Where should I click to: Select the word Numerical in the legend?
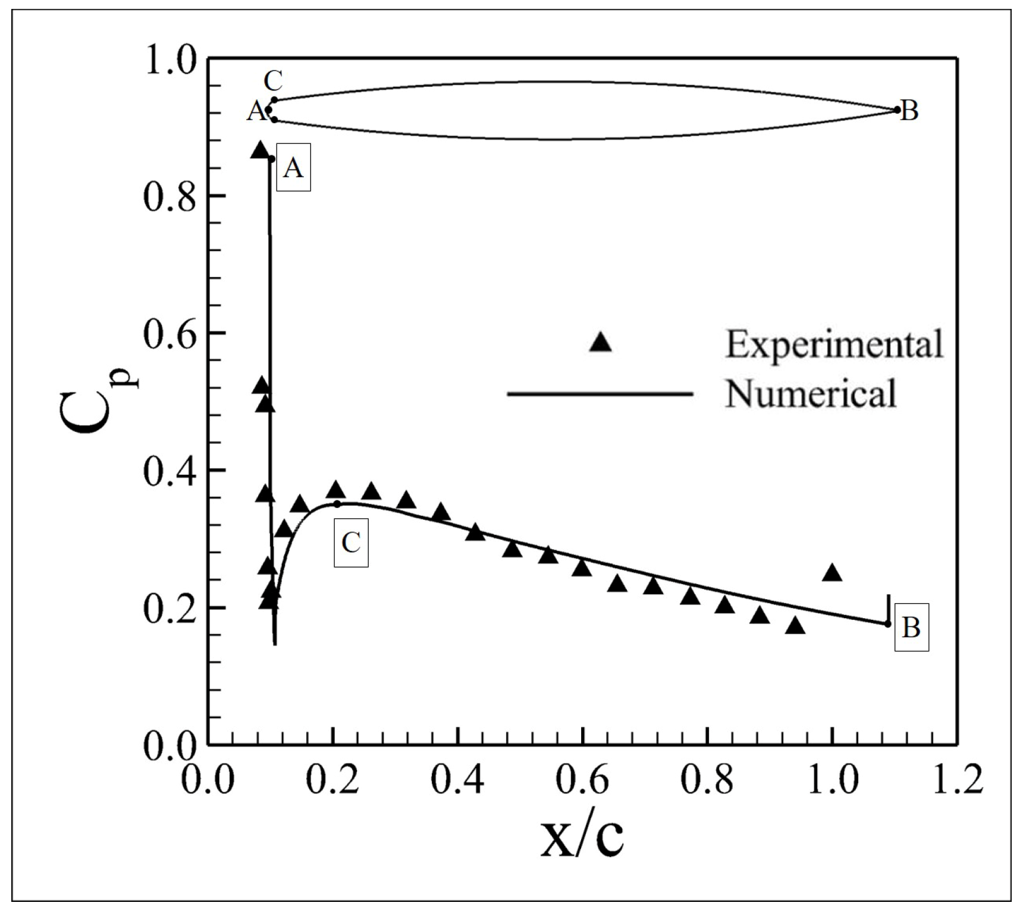[810, 393]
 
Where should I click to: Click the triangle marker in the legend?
[601, 342]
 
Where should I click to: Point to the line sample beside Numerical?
[600, 393]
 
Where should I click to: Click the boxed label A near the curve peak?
[293, 168]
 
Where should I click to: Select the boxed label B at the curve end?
[911, 628]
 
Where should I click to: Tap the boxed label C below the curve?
[351, 543]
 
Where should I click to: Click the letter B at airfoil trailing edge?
[909, 111]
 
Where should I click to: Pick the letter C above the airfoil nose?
[273, 80]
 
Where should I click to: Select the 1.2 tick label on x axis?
[956, 780]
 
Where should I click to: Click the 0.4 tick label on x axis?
[457, 780]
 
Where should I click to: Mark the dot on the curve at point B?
[887, 623]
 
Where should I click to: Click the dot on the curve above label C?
[337, 504]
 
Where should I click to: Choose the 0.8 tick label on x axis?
[707, 780]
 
